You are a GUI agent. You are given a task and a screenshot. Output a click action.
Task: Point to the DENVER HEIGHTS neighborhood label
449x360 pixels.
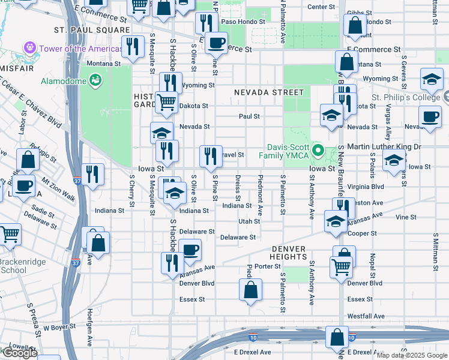tap(288, 253)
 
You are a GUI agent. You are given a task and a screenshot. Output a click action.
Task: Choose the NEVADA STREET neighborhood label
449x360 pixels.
tap(269, 92)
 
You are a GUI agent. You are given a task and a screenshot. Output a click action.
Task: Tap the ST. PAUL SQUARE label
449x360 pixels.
tap(91, 29)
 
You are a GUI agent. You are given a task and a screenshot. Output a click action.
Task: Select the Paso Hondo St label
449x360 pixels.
tap(243, 22)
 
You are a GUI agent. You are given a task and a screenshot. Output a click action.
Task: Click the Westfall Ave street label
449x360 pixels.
tap(366, 316)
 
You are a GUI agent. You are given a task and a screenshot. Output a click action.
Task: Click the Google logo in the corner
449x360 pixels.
tap(19, 353)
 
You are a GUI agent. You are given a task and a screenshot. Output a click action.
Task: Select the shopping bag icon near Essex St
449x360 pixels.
tap(250, 289)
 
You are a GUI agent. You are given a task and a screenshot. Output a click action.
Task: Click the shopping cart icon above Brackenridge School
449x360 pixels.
tap(9, 235)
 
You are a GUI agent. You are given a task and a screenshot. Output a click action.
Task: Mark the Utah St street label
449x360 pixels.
tap(249, 221)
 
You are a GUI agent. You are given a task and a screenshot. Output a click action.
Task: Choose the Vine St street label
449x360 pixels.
tap(406, 217)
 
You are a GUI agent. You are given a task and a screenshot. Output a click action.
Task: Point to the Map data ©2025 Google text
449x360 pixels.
tap(412, 355)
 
